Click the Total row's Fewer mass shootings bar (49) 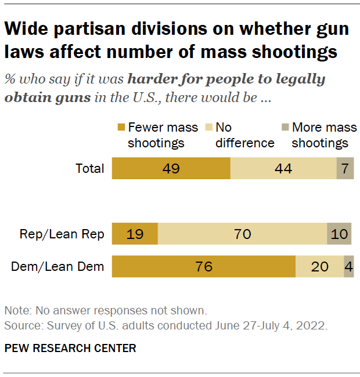(171, 169)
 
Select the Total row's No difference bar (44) (283, 169)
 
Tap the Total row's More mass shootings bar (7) (345, 169)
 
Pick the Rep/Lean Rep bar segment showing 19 (135, 234)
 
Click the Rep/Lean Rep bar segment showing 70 (242, 234)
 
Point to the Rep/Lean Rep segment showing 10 (340, 234)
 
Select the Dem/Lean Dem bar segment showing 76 (204, 267)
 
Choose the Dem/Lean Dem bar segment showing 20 (319, 267)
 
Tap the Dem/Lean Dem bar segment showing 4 (349, 267)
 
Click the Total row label (90, 169)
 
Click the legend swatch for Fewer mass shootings (121, 128)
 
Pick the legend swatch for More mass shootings (285, 128)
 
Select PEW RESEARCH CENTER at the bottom (70, 349)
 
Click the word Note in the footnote (16, 310)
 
